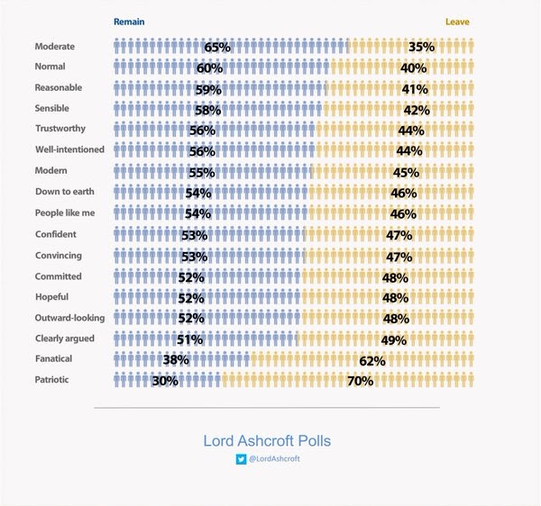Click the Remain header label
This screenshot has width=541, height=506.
[x=128, y=22]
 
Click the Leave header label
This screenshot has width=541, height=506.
[x=457, y=22]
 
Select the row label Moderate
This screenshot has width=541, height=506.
[x=55, y=46]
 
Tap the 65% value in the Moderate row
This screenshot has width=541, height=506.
[x=217, y=47]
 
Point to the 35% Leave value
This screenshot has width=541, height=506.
[x=421, y=47]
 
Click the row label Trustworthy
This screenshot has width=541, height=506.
[x=61, y=130]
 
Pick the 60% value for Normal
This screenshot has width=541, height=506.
[x=209, y=68]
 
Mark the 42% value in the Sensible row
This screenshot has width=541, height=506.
[x=416, y=110]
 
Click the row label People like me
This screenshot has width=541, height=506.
[x=64, y=213]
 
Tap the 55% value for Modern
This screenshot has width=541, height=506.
[x=203, y=172]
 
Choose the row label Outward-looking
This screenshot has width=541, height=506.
[x=69, y=318]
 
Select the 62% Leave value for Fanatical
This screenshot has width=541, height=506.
[x=371, y=361]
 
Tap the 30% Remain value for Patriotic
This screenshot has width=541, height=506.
[x=165, y=382]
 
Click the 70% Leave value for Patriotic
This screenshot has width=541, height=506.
[x=360, y=382]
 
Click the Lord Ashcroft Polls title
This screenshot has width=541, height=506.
[x=267, y=441]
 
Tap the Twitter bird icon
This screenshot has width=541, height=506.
[x=241, y=459]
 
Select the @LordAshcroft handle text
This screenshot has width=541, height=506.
[x=274, y=459]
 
